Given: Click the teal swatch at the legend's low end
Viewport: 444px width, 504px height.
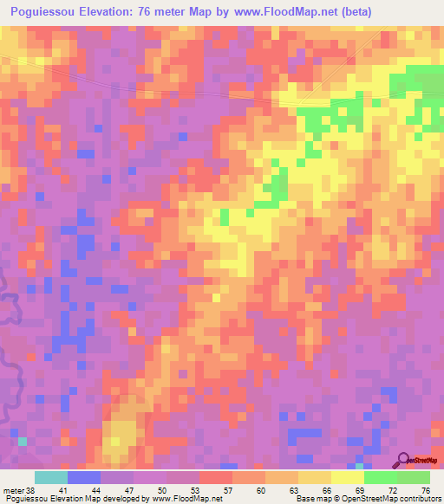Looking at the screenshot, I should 50,477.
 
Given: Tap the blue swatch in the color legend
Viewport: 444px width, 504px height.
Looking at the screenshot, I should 83,477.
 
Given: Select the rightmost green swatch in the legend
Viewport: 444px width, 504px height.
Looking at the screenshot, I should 414,477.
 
